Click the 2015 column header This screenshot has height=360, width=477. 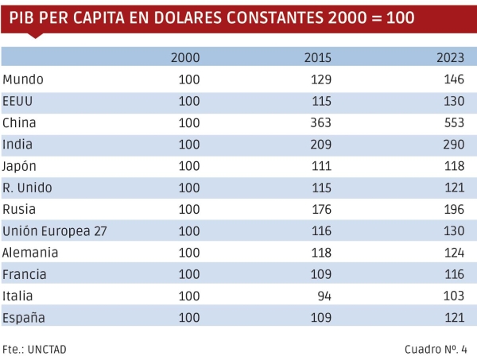318,57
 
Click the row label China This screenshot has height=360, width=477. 20,123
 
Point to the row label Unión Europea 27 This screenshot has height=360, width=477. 55,231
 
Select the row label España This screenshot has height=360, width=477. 24,317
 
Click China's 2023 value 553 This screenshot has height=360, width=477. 453,123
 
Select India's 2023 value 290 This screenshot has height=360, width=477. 453,145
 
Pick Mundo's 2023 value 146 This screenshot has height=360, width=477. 453,79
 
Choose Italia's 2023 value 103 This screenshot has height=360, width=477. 453,296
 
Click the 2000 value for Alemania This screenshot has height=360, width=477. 189,253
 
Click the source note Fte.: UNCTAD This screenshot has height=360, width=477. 34,349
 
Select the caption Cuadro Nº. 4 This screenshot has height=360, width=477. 436,349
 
